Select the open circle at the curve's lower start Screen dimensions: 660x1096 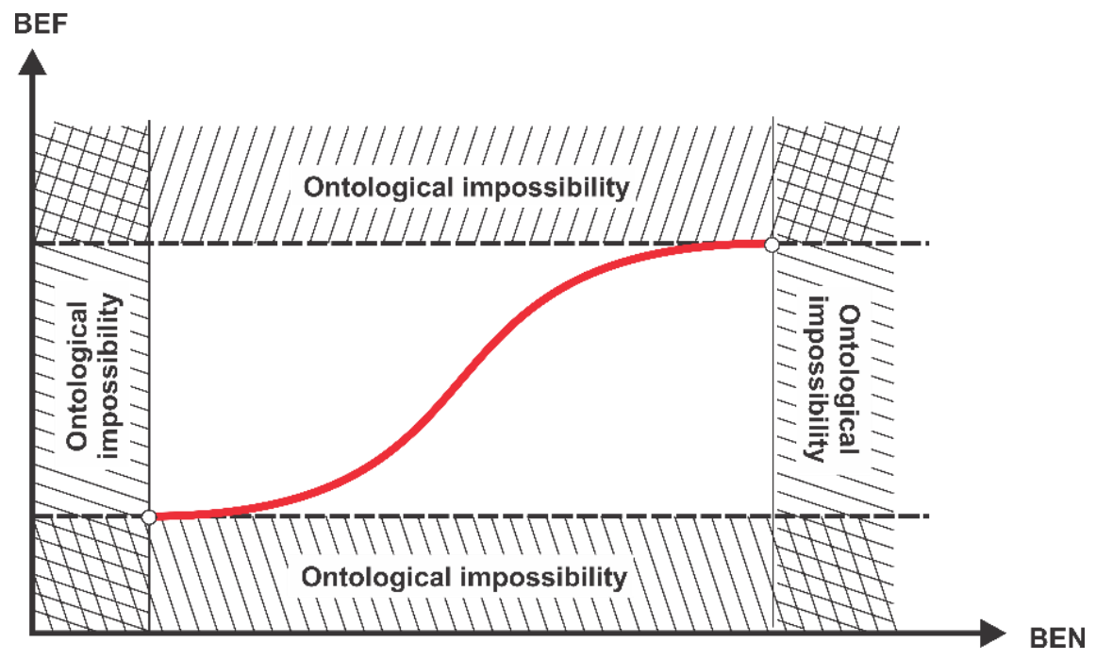pos(149,516)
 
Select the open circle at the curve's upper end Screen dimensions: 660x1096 pos(772,245)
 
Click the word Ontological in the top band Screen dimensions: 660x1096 pos(378,187)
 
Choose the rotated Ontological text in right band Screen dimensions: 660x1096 pos(848,380)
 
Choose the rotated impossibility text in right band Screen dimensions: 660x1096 pos(817,380)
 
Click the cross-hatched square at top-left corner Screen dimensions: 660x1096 pos(91,182)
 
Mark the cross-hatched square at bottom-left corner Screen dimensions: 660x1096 pos(91,573)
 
